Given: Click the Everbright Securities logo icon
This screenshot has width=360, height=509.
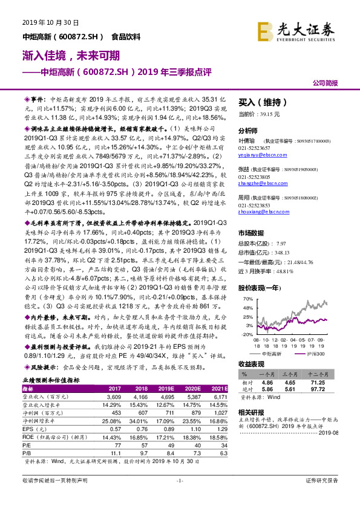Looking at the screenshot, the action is [264, 30].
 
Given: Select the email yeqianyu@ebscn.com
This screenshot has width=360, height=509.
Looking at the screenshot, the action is [257, 155].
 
